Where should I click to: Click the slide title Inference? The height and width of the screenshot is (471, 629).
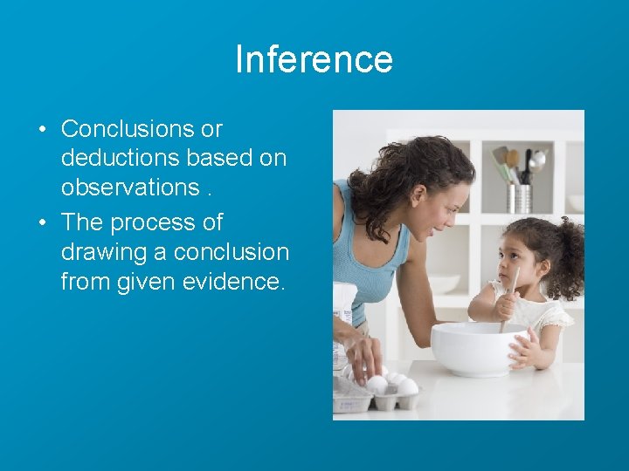coord(314,59)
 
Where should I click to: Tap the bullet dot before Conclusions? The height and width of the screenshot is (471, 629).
coord(42,130)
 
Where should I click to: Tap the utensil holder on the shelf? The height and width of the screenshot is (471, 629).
coord(520,197)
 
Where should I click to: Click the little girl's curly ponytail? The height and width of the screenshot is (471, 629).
coord(569,254)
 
